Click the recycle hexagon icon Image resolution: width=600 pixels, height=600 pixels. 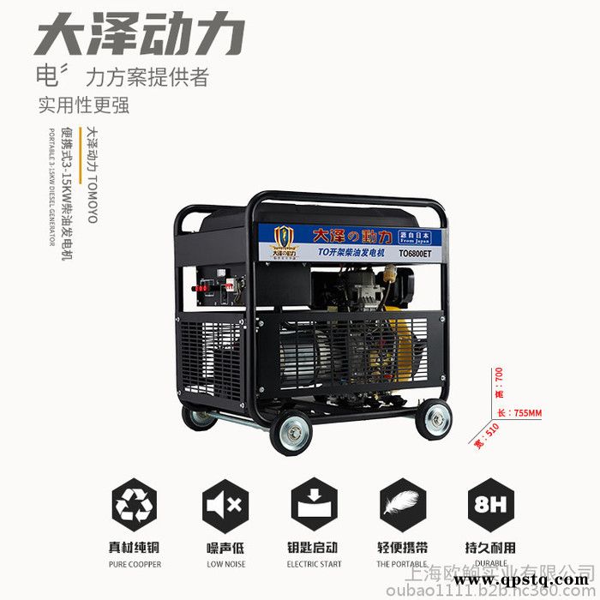tap(135, 506)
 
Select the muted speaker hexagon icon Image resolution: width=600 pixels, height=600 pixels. tap(225, 506)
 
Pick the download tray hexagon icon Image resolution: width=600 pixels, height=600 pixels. tap(315, 506)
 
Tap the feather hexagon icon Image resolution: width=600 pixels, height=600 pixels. tap(404, 506)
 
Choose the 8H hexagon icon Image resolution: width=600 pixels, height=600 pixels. tap(492, 506)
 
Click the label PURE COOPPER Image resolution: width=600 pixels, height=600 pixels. tap(135, 564)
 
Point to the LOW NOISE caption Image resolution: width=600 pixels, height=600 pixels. tap(225, 564)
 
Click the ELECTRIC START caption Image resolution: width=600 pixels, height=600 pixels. tap(315, 564)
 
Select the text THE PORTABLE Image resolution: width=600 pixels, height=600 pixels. tap(404, 564)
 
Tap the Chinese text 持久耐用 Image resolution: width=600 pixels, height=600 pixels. tap(492, 547)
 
